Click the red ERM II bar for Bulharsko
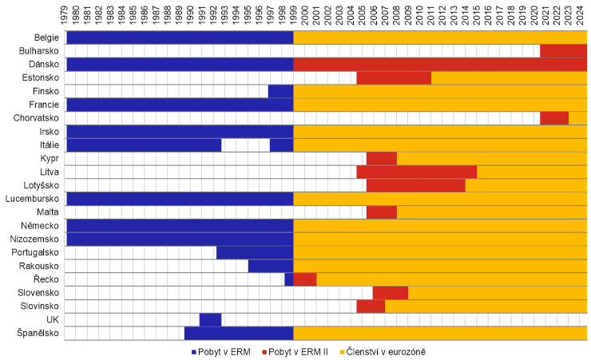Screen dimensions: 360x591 click(563, 50)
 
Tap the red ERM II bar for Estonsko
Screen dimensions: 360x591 click(394, 77)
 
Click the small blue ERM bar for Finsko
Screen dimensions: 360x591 click(280, 91)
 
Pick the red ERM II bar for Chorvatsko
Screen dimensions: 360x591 click(553, 118)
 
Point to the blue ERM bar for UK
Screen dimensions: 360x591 click(210, 319)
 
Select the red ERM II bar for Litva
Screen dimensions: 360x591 click(416, 172)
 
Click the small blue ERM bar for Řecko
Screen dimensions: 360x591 click(289, 279)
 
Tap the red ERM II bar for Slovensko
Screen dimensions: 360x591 click(390, 292)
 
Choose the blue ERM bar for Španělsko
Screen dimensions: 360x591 click(238, 333)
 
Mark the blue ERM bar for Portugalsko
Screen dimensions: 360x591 click(255, 252)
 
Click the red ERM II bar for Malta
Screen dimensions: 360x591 click(381, 212)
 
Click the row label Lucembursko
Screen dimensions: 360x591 click(32, 198)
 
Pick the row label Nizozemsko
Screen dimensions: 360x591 click(33, 239)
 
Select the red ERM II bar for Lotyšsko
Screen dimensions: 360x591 click(415, 185)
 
